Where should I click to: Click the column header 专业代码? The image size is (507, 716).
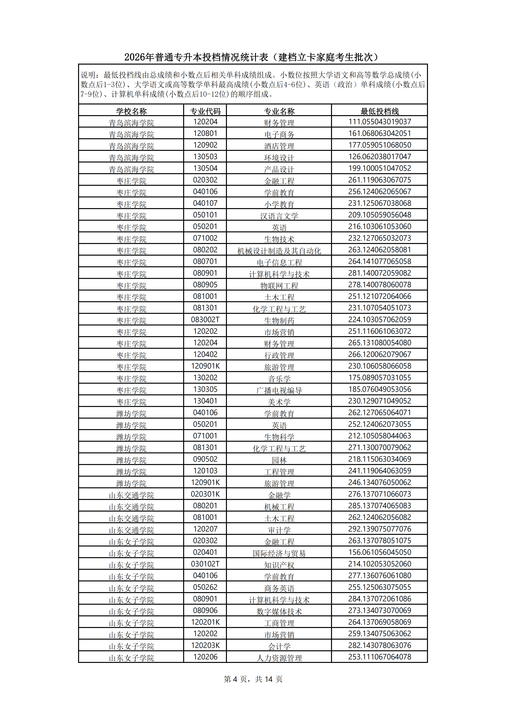coord(205,111)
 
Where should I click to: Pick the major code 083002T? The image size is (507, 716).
coord(205,320)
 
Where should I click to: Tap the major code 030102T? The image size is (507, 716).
coord(205,564)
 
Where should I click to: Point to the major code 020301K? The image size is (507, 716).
coord(205,494)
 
